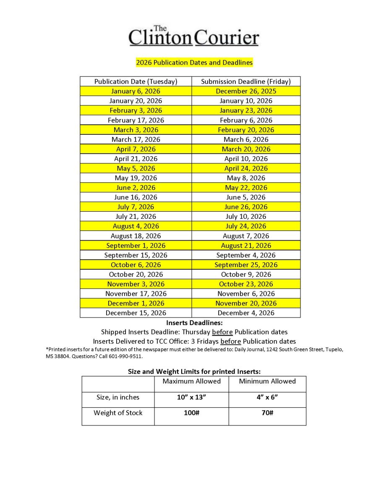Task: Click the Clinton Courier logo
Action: click(x=194, y=36)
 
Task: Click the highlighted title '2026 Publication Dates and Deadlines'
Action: click(x=194, y=63)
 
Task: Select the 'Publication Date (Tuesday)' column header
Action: click(x=136, y=81)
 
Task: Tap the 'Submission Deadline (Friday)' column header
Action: click(x=246, y=81)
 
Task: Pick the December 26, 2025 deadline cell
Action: click(x=246, y=91)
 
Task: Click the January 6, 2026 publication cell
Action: click(x=136, y=91)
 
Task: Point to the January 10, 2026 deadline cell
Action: click(x=246, y=101)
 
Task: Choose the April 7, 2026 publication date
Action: click(x=136, y=149)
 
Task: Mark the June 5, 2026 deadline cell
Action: click(x=246, y=197)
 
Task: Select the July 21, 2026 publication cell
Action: click(x=136, y=216)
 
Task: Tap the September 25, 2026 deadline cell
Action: click(x=246, y=265)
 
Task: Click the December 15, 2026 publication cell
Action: click(x=136, y=313)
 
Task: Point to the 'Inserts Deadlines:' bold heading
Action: click(x=194, y=323)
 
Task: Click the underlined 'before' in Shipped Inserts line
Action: click(x=222, y=332)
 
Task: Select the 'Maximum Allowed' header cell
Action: click(x=191, y=381)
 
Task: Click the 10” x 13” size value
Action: click(x=191, y=397)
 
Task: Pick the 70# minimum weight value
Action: click(x=267, y=413)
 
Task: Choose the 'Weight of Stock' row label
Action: click(x=118, y=413)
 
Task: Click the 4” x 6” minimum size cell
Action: click(x=267, y=397)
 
